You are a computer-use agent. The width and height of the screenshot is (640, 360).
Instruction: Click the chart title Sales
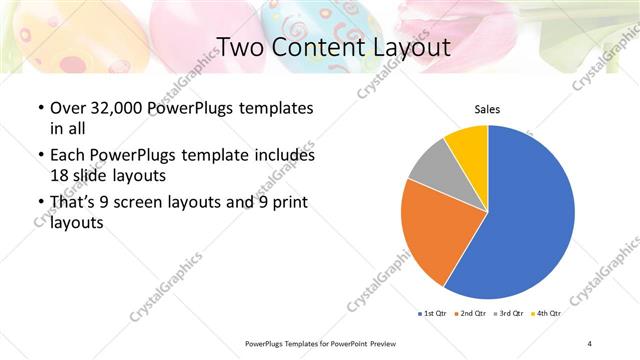487,109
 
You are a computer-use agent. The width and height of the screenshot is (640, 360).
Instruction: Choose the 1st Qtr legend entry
436,313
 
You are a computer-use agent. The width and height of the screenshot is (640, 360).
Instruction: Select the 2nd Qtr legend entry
474,313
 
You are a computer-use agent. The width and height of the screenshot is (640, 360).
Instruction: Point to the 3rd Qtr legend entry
511,313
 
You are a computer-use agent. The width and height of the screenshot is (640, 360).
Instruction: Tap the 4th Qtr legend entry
548,313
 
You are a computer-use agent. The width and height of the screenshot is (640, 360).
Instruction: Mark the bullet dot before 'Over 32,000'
39,108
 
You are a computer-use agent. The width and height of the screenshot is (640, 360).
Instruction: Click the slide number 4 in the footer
590,343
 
